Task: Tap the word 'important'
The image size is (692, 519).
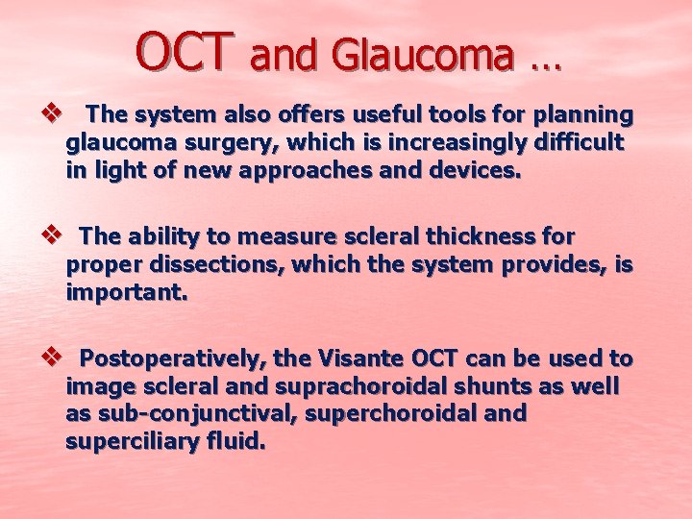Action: point(123,293)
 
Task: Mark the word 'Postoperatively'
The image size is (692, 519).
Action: point(173,359)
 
